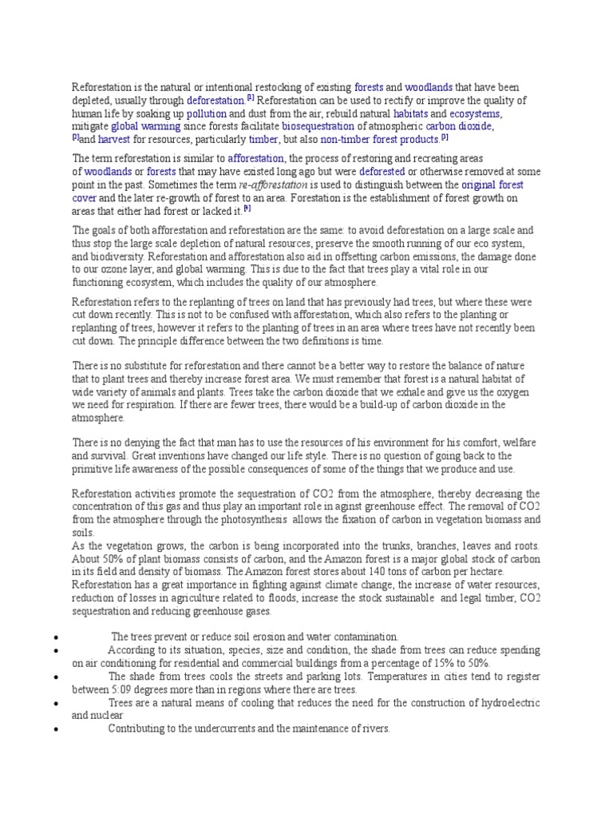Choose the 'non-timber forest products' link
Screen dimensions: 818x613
click(379, 139)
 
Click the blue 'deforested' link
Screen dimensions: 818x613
click(382, 172)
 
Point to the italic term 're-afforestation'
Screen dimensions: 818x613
click(273, 185)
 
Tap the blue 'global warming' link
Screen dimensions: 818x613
click(145, 126)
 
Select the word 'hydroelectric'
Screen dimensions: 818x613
click(507, 702)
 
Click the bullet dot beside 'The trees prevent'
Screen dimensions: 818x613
click(52, 637)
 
